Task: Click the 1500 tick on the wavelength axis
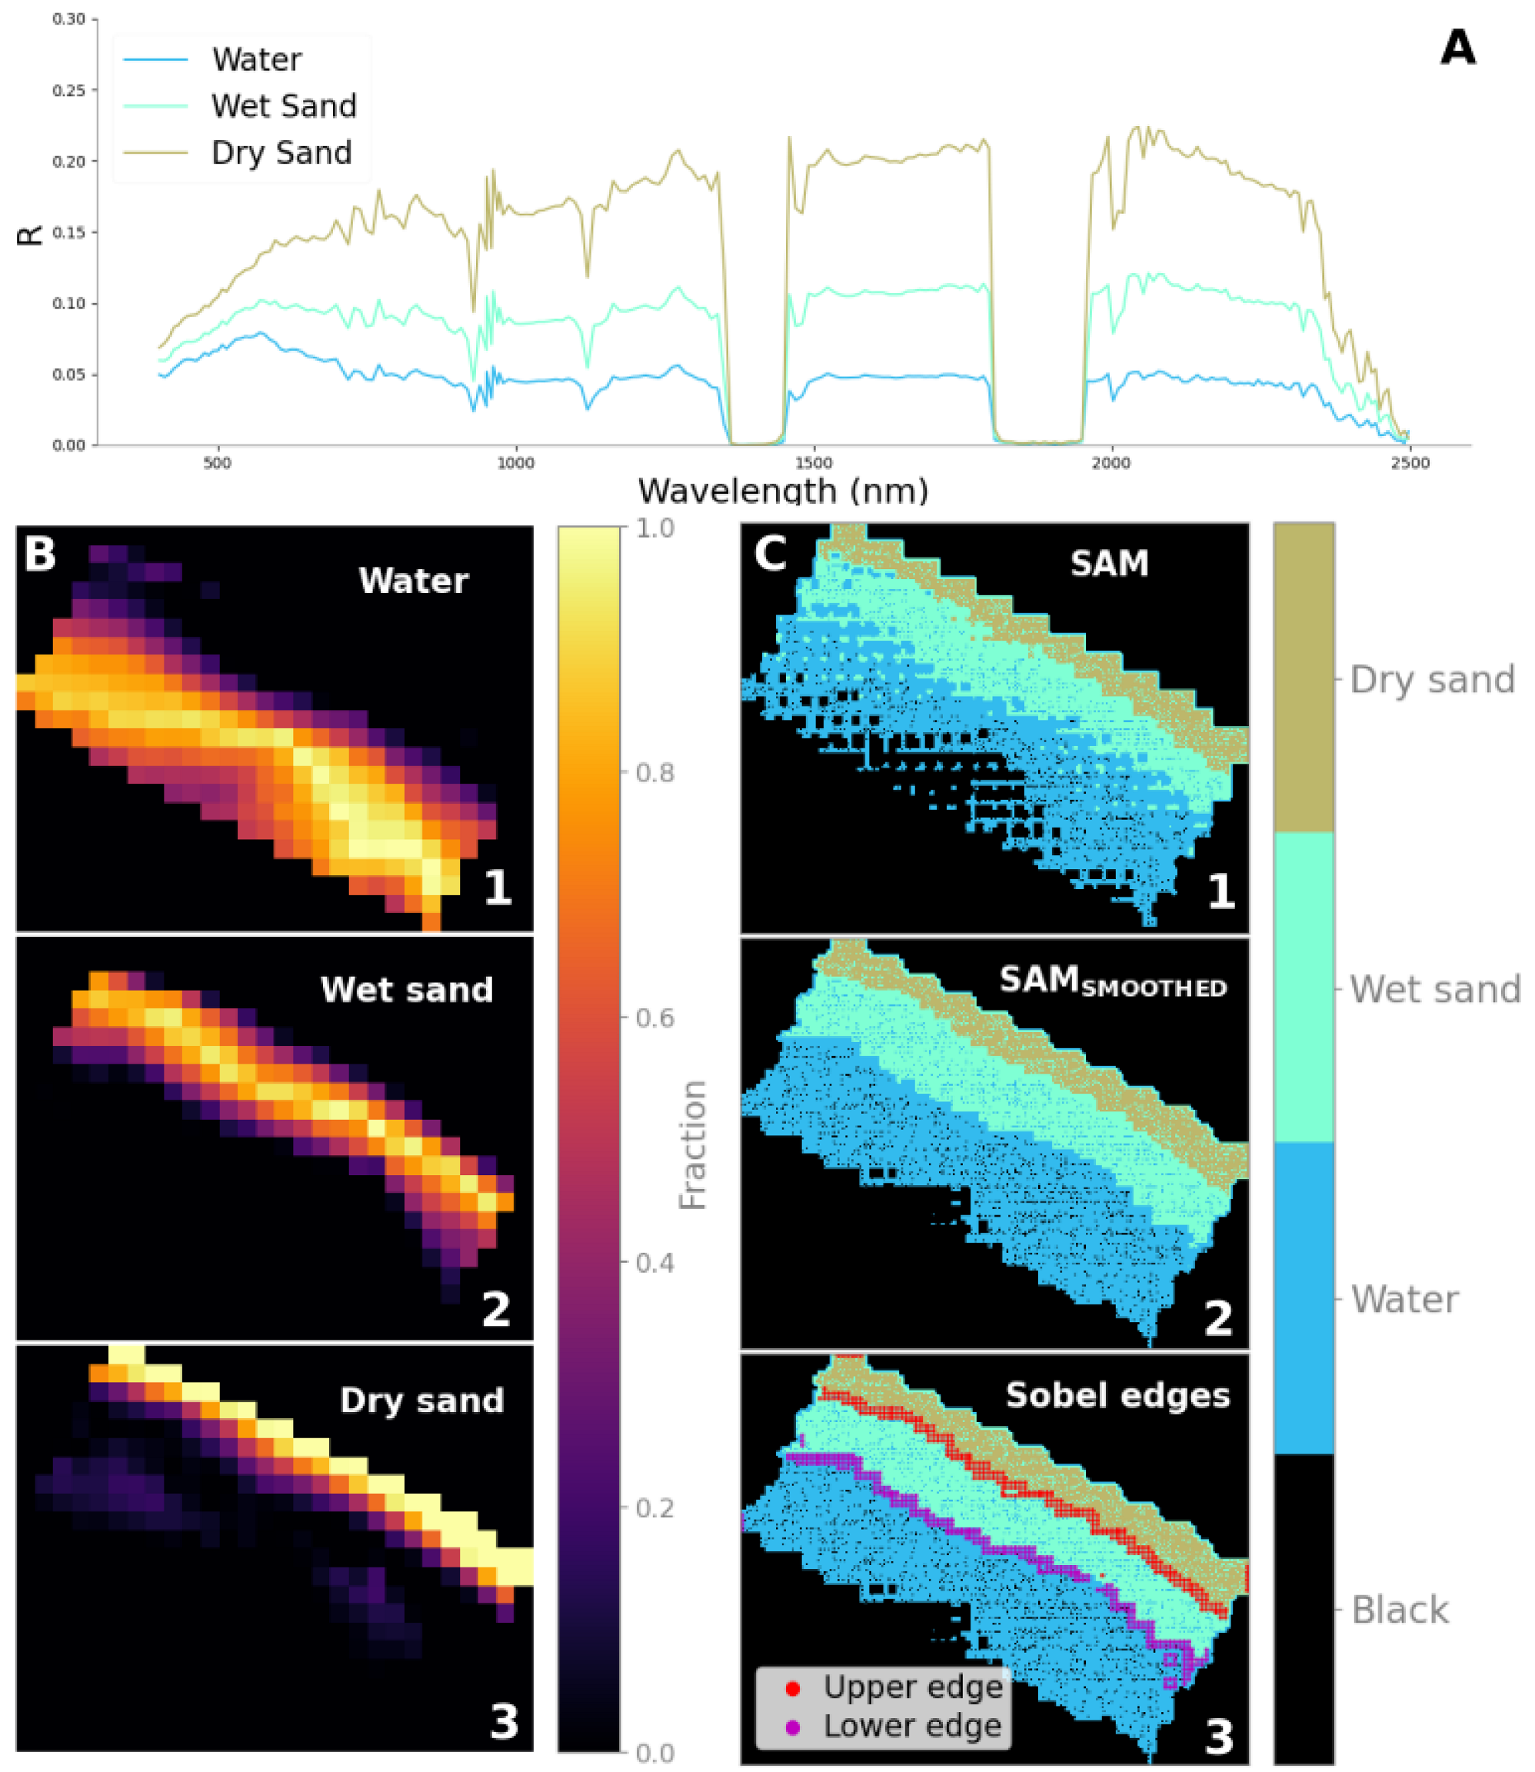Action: [x=813, y=463]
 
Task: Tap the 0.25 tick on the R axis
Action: [x=69, y=90]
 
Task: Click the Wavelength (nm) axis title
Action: [x=783, y=491]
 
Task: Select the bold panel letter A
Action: [x=1457, y=48]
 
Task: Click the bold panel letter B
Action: [x=39, y=554]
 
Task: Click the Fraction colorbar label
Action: [x=692, y=1145]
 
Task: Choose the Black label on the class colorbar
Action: [x=1400, y=1610]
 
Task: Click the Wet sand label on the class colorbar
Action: [x=1435, y=989]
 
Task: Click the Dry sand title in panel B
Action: [x=421, y=1401]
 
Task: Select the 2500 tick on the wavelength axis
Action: [x=1410, y=463]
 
